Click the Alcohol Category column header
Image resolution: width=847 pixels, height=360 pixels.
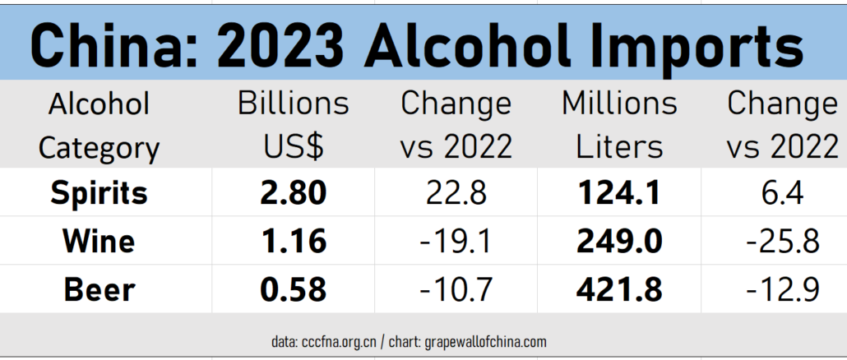[x=99, y=125]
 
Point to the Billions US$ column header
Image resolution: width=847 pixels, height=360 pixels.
[x=294, y=125]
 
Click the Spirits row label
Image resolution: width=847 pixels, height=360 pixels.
[x=99, y=192]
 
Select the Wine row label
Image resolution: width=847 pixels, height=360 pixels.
[x=99, y=241]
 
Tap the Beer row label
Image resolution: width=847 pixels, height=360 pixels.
[x=99, y=289]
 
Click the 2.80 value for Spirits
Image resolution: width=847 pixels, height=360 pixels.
[x=294, y=192]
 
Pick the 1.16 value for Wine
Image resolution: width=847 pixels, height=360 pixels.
[x=294, y=241]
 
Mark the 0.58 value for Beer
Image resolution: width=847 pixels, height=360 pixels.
[x=294, y=289]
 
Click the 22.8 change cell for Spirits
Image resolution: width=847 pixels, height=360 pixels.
[x=456, y=192]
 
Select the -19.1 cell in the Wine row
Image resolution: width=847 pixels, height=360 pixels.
[x=456, y=241]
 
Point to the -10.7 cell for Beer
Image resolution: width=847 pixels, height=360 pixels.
[x=456, y=289]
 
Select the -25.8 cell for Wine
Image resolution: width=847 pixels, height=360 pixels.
[x=782, y=241]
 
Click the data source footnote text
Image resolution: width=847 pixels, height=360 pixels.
[x=409, y=341]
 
